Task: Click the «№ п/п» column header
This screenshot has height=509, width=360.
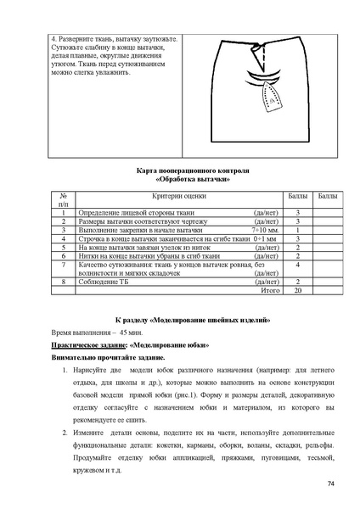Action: [x=63, y=200]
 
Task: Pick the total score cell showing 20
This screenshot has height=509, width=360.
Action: [x=297, y=290]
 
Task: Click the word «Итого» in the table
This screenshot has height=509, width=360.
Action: [x=269, y=290]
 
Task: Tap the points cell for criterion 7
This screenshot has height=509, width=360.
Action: [x=297, y=265]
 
